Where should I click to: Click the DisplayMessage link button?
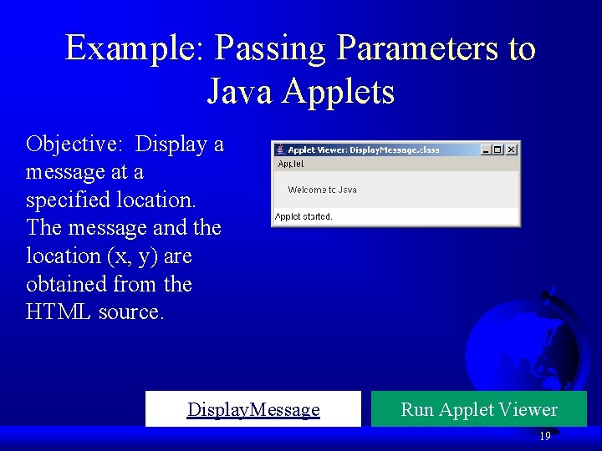(253, 409)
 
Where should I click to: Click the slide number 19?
(545, 436)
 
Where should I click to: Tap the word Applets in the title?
(338, 91)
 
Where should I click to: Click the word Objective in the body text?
(74, 144)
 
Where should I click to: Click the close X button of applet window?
(512, 149)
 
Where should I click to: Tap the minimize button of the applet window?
(487, 149)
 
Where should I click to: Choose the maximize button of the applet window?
(498, 149)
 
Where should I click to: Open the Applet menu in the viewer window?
(291, 165)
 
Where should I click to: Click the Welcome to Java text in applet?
(322, 190)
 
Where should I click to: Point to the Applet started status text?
(304, 216)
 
